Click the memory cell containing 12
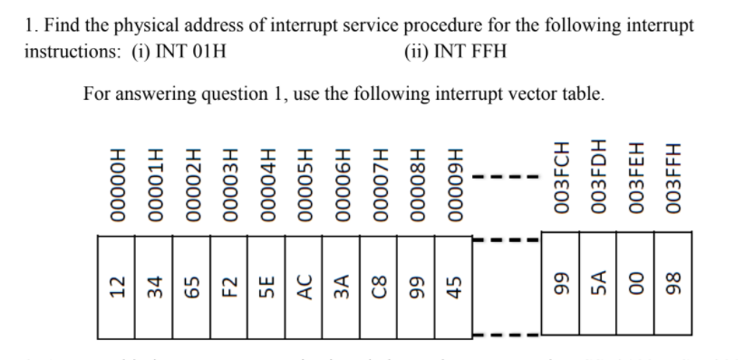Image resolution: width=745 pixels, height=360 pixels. [x=116, y=286]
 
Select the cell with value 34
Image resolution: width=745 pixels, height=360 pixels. [x=153, y=286]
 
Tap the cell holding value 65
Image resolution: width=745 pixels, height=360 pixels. [x=190, y=286]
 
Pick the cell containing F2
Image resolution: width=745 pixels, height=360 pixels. [x=228, y=286]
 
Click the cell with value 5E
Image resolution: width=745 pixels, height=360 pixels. [x=266, y=286]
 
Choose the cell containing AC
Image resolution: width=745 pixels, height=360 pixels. [x=304, y=286]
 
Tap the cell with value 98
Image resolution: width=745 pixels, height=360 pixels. [x=673, y=286]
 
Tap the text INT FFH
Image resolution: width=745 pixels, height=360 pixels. [x=469, y=49]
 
